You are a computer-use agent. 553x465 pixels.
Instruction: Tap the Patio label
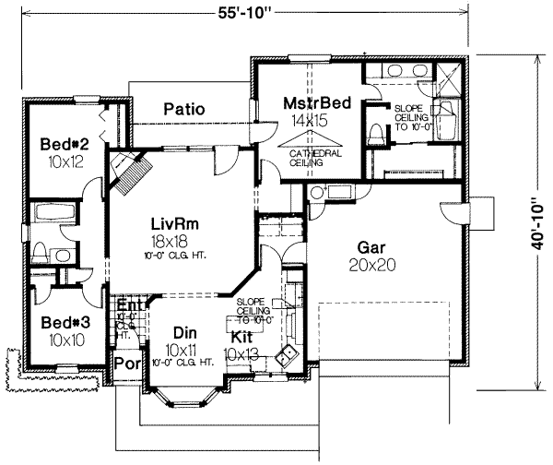tap(183, 109)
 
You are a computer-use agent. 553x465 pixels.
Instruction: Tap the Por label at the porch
tap(124, 364)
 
